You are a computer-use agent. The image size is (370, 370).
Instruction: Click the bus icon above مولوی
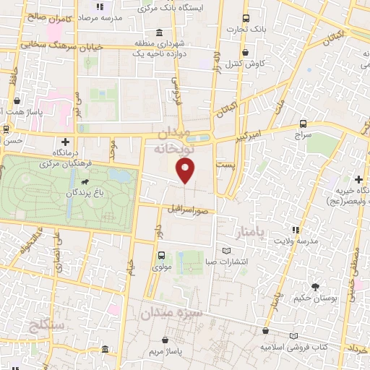[x=160, y=254]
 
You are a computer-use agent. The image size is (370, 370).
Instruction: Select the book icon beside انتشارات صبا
[x=228, y=250]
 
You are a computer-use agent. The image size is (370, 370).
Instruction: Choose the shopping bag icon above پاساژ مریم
[x=166, y=338]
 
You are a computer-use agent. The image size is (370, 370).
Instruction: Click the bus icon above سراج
[x=302, y=124]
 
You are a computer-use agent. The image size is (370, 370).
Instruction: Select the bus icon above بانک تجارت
[x=246, y=18]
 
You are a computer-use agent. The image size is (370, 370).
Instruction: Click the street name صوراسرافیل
[x=190, y=210]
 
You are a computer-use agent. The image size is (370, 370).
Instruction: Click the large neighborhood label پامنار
[x=251, y=233]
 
